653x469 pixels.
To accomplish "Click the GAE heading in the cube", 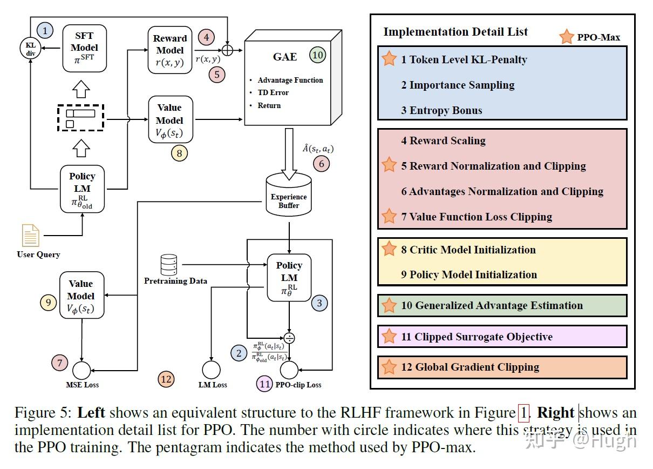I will (x=284, y=57).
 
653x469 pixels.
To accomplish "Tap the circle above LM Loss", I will (x=211, y=370).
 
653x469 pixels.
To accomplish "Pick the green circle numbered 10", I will (x=318, y=55).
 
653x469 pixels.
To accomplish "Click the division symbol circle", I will (x=290, y=338).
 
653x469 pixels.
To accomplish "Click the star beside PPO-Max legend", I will (x=567, y=37).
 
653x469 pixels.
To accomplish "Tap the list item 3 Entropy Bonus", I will (x=441, y=110).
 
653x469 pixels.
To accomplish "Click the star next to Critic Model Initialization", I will (x=389, y=249).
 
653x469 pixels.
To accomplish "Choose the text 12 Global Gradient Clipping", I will (x=470, y=367).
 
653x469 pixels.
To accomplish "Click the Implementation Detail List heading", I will (x=455, y=31).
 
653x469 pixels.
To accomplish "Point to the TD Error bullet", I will (x=273, y=92).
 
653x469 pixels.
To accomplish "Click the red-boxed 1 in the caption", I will (x=523, y=413).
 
